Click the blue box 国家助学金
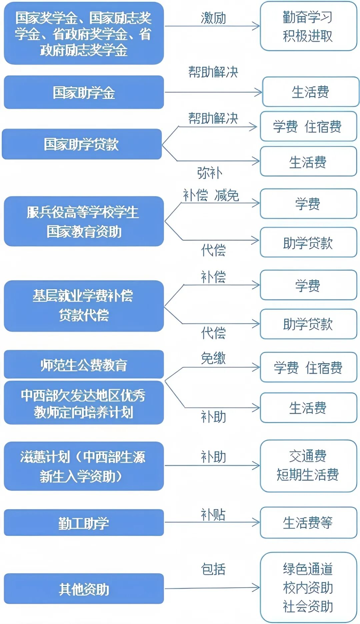[84, 92]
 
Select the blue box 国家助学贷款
[82, 144]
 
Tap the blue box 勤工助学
[84, 522]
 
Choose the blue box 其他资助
[84, 588]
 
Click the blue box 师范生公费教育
[84, 364]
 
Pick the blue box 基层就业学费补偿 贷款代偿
[84, 306]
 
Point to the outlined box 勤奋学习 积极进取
[308, 26]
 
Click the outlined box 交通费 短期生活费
[308, 465]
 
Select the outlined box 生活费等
[308, 522]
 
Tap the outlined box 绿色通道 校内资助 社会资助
[308, 587]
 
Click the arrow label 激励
[213, 18]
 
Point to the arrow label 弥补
[210, 173]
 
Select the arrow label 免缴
[213, 358]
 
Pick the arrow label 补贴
[213, 514]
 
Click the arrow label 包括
[213, 569]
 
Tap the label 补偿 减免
[211, 195]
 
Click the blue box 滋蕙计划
[84, 466]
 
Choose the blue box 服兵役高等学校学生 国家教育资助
[84, 221]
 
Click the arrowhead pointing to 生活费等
[256, 522]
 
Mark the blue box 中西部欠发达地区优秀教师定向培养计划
[84, 403]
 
